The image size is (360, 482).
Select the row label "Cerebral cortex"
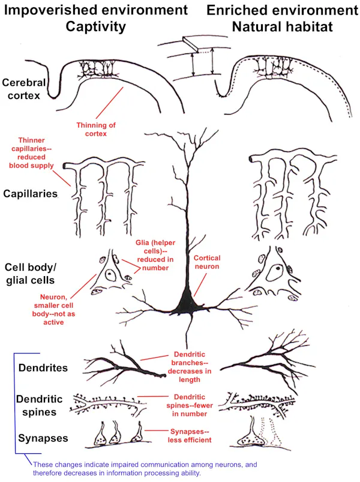(x=23, y=89)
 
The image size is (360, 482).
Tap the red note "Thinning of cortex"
(x=95, y=129)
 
